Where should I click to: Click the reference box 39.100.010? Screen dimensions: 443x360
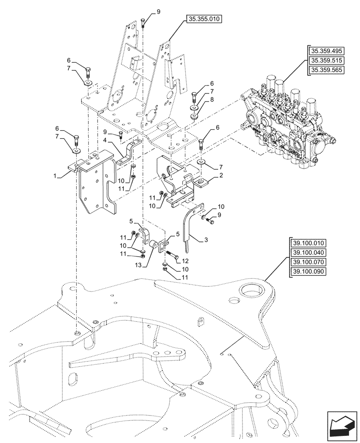pyautogui.click(x=309, y=243)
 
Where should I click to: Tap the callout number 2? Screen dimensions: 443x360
pyautogui.click(x=220, y=176)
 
